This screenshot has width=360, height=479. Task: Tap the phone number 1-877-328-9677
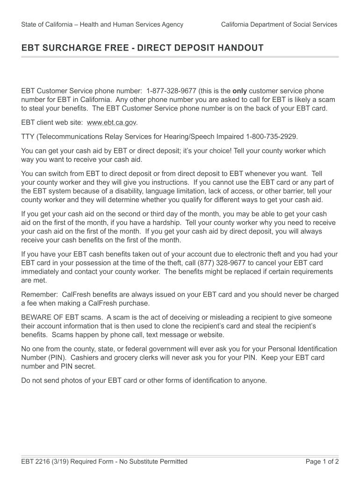171,91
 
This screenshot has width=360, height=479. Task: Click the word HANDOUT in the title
239,48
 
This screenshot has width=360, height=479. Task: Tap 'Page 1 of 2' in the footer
322,462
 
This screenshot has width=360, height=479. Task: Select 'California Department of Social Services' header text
279,24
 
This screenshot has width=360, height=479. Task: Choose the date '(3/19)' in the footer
59,462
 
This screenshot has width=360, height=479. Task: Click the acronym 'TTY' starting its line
28,137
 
